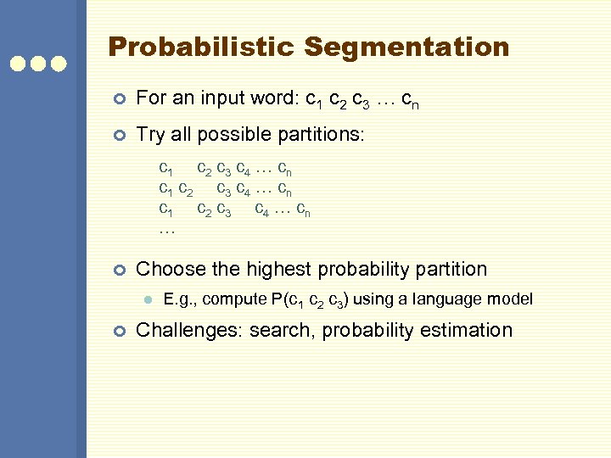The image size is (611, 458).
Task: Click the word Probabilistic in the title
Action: (x=202, y=47)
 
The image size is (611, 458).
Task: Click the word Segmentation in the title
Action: (x=407, y=47)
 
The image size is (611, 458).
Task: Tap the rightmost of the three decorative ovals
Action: (x=59, y=63)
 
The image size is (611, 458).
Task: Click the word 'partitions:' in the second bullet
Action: (x=326, y=134)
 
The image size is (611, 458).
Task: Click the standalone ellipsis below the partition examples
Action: (x=166, y=230)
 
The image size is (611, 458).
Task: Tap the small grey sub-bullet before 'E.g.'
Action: (x=147, y=299)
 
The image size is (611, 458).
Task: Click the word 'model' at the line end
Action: (x=512, y=299)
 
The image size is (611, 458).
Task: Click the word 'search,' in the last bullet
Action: (x=281, y=330)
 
